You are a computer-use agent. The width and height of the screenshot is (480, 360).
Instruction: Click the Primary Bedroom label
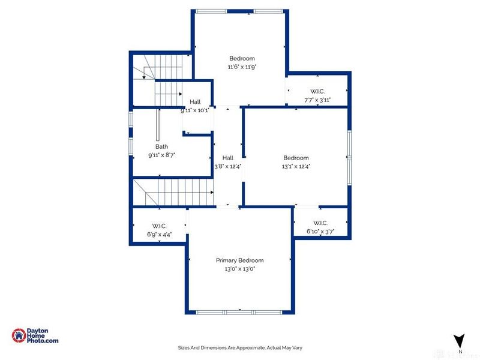239,260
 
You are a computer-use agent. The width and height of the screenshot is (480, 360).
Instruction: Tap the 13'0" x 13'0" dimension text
239,269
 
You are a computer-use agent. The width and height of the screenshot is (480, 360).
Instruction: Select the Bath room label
161,146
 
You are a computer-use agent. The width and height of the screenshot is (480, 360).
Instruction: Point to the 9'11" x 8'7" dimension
161,155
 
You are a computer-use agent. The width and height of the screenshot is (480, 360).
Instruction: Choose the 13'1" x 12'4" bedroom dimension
296,167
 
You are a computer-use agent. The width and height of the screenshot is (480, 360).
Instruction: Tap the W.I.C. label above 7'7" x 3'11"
317,91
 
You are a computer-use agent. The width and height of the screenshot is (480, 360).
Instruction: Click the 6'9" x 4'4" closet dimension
160,235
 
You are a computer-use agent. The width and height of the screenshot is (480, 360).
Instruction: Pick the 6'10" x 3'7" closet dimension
320,232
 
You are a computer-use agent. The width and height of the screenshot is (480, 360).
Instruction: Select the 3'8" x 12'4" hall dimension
227,167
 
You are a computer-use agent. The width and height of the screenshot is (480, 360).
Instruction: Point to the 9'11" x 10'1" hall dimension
195,110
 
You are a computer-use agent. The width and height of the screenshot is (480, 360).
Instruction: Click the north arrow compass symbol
459,341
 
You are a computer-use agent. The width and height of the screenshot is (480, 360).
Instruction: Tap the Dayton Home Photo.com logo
36,336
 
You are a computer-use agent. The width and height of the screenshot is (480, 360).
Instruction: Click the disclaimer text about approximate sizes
239,347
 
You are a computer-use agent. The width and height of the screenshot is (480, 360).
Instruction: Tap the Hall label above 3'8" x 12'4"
227,158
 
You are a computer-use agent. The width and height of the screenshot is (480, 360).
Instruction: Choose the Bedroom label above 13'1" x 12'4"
296,158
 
